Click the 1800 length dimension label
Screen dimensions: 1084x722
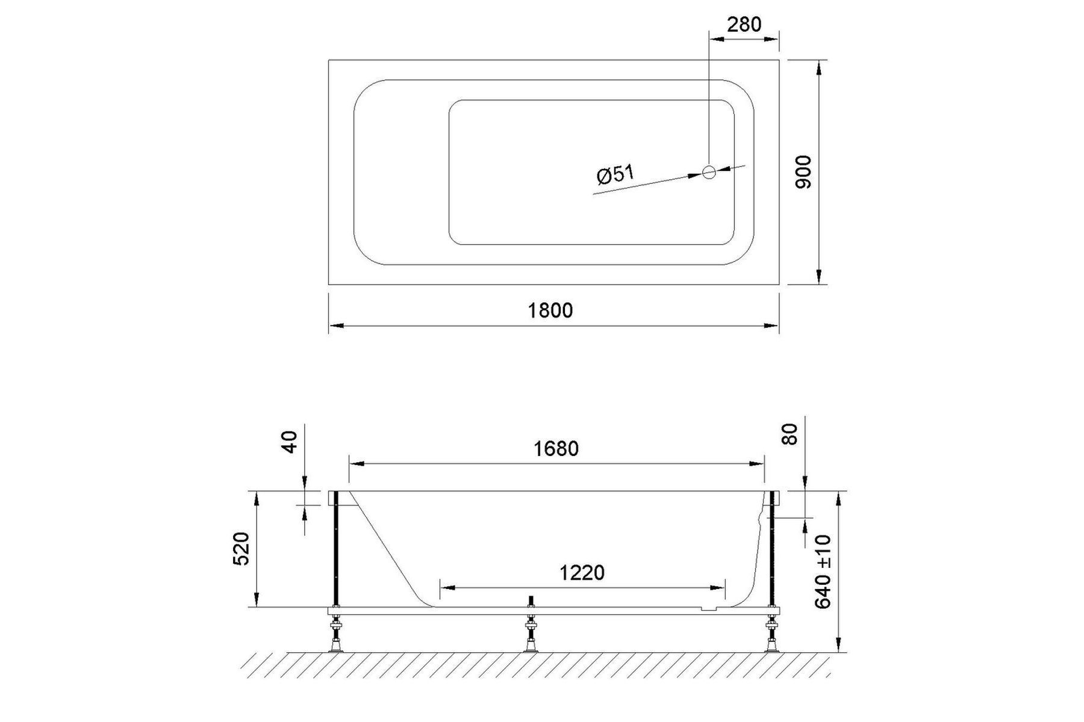550,310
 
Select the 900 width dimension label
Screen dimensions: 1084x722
803,172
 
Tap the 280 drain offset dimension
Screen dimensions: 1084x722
744,25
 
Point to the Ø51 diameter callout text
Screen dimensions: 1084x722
615,174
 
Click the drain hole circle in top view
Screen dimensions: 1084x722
709,172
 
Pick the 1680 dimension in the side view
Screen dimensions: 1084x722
556,449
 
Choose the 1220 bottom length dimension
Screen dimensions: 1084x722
582,573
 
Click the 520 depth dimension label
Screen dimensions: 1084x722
241,549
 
